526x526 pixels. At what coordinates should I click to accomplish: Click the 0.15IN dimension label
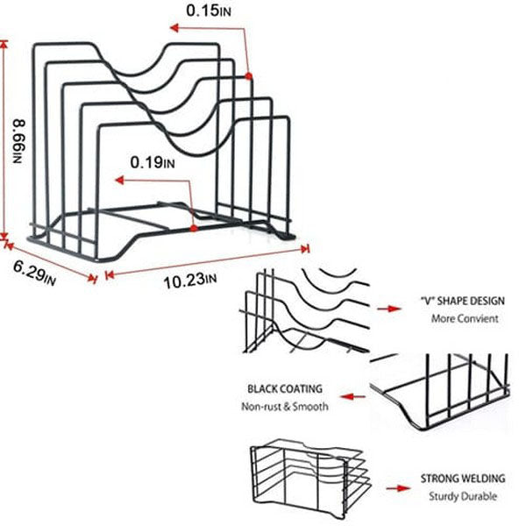tap(209, 11)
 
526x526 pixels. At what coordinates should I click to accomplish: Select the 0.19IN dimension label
tap(153, 163)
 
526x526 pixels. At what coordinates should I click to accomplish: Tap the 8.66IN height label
tap(19, 140)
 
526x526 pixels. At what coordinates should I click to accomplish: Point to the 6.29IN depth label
tap(34, 273)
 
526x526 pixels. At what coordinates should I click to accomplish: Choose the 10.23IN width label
tap(190, 281)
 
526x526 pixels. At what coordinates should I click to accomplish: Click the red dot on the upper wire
tap(248, 76)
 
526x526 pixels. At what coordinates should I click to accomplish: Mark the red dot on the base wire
tap(194, 229)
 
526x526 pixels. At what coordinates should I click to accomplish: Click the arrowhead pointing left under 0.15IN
tap(174, 28)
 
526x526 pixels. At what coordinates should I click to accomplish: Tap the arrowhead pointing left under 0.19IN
tap(119, 181)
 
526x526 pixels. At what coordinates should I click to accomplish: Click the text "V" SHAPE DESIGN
tap(463, 301)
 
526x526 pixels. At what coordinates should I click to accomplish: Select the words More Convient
tap(465, 318)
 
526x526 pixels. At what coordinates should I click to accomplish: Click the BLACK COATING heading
tap(285, 388)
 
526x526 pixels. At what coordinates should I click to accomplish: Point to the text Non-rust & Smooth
tap(285, 407)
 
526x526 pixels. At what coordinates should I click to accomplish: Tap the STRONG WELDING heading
tap(463, 478)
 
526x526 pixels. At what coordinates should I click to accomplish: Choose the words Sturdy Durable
tap(463, 496)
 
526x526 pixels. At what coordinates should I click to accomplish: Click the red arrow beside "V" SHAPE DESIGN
tap(389, 309)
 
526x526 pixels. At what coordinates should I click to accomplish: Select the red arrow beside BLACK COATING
tap(352, 397)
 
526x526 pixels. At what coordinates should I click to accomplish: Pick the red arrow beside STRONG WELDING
tap(398, 488)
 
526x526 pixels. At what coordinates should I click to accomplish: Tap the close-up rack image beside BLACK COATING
tap(439, 392)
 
